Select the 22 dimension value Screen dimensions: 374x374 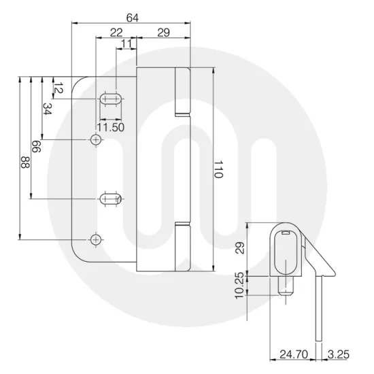(x=116, y=32)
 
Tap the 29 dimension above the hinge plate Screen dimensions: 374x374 (x=163, y=32)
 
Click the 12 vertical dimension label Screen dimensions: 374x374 (x=58, y=88)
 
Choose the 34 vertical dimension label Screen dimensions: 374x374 (x=47, y=109)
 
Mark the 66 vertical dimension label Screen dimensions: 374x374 (x=35, y=148)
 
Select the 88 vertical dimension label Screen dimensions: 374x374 (x=24, y=163)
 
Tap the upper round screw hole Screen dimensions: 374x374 (x=96, y=139)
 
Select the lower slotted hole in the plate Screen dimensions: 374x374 (x=110, y=199)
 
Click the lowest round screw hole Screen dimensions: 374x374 (x=96, y=240)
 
